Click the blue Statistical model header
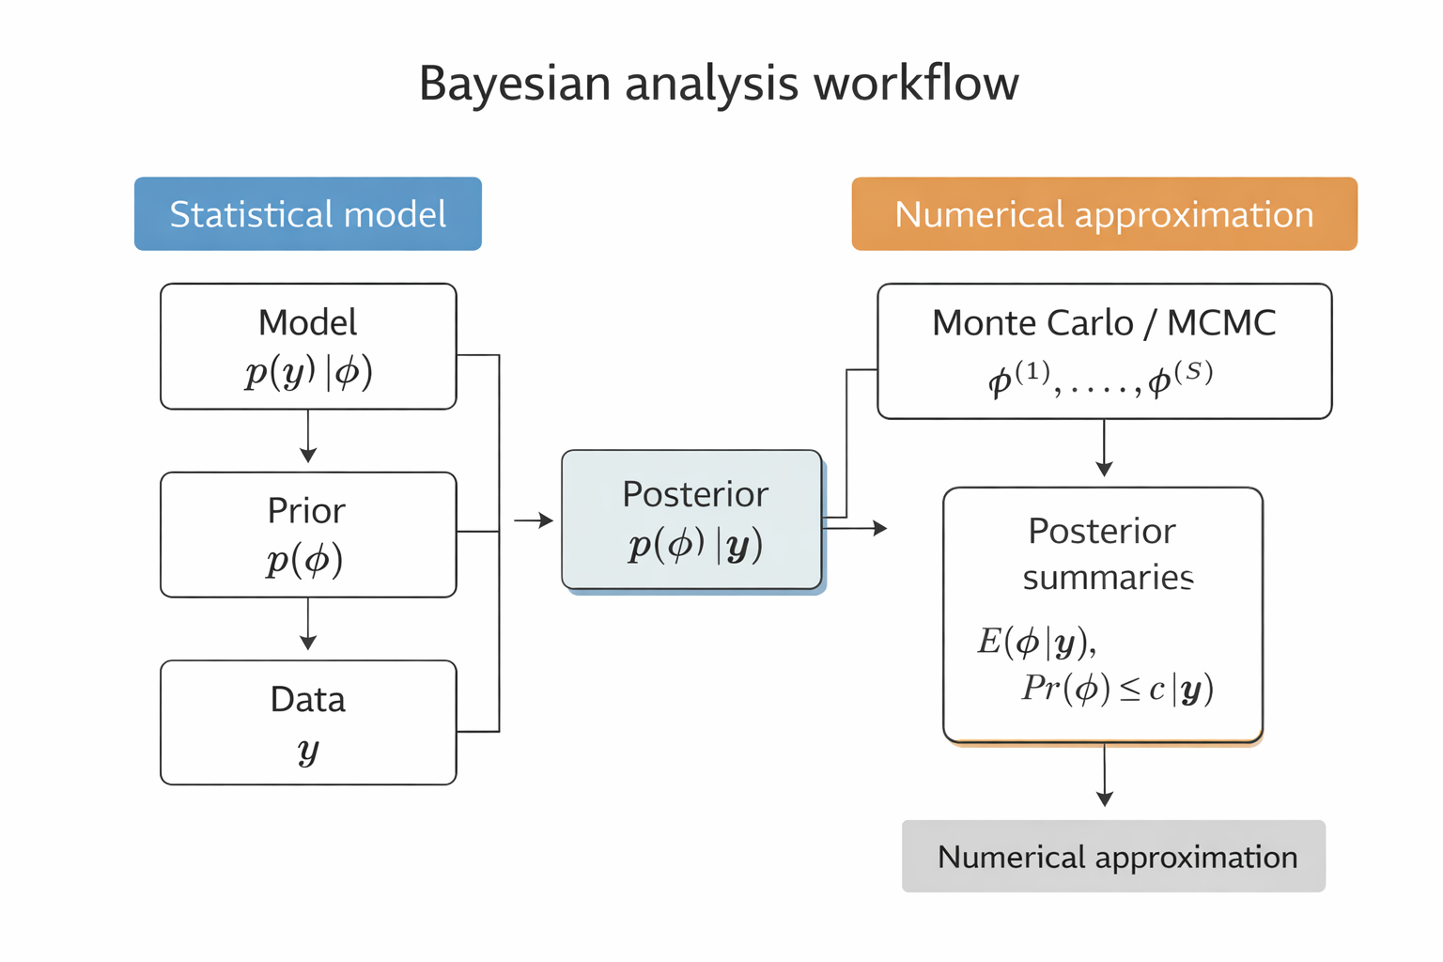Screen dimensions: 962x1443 click(307, 214)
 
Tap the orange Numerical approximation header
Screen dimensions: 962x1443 click(1104, 214)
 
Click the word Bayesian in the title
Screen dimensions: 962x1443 click(515, 84)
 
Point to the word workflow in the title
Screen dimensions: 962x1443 click(916, 84)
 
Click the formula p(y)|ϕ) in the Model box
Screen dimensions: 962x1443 click(308, 373)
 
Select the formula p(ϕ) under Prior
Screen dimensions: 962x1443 click(304, 561)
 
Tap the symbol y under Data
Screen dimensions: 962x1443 click(308, 751)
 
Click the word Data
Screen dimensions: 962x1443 click(308, 700)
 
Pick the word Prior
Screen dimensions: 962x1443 click(306, 511)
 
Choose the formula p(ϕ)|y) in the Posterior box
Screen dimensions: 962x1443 click(695, 545)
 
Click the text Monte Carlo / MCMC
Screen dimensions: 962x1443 click(1104, 323)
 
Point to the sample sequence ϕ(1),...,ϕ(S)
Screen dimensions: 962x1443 click(1100, 378)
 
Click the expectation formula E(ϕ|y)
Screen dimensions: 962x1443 click(1036, 642)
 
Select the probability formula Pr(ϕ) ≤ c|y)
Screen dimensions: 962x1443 click(1118, 689)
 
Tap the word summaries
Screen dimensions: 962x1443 click(1108, 577)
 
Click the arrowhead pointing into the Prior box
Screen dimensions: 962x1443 click(308, 455)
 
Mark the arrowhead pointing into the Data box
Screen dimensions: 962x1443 click(308, 643)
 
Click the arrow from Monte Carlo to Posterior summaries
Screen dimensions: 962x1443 click(1104, 449)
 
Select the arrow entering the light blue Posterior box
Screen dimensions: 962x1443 click(535, 520)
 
